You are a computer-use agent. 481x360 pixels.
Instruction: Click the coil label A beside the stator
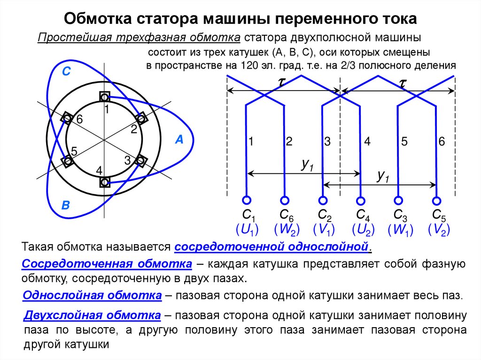179,139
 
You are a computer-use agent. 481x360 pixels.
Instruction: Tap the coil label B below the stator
66,205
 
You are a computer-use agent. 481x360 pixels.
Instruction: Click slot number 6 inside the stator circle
80,120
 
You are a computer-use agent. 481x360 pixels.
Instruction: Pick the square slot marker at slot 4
105,182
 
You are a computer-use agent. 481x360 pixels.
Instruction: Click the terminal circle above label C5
437,200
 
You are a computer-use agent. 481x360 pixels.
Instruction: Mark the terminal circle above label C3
398,200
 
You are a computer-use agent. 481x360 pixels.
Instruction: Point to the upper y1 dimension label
308,164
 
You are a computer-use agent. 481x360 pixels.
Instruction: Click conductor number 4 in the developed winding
367,141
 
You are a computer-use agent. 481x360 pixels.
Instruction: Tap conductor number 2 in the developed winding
289,141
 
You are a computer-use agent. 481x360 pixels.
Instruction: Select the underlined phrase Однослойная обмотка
93,295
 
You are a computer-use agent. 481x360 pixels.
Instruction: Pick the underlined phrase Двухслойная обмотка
92,315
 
